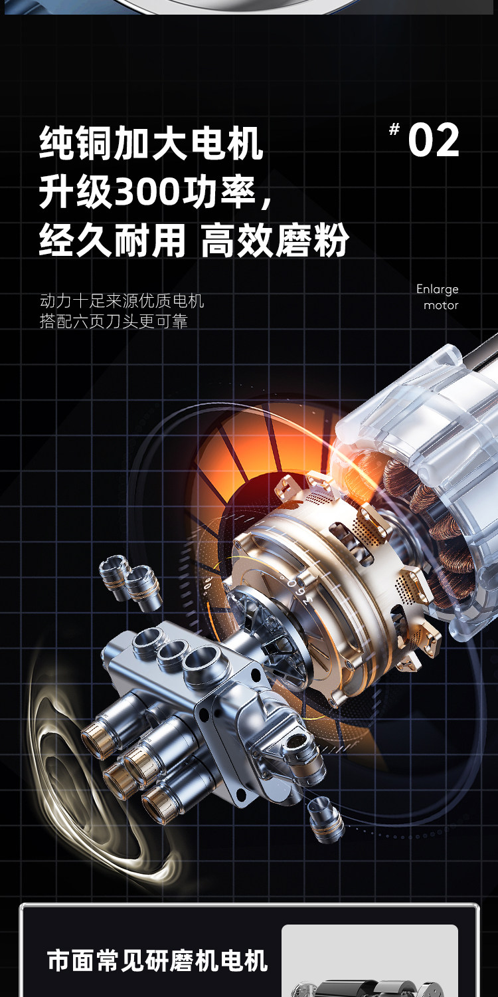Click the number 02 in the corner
pos(434,140)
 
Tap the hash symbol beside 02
pos(394,130)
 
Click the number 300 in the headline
pos(147,192)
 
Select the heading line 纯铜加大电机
pos(151,144)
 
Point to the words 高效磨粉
pos(275,241)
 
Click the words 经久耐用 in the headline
pos(112,241)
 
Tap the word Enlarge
pos(437,289)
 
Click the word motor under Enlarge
pos(441,305)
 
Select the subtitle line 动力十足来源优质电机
pos(122,301)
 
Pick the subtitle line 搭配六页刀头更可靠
pos(114,321)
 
